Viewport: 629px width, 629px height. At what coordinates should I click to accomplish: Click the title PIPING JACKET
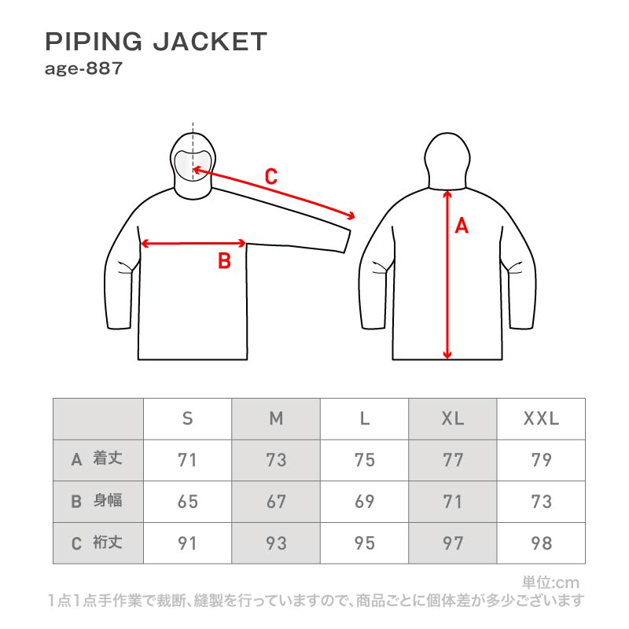pyautogui.click(x=156, y=42)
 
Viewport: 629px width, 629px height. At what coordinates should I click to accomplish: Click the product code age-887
pyautogui.click(x=83, y=68)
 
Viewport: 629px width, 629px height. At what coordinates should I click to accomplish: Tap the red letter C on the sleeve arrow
pyautogui.click(x=270, y=177)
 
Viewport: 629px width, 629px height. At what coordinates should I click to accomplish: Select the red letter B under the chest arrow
pyautogui.click(x=224, y=261)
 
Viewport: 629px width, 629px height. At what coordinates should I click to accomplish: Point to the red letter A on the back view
pyautogui.click(x=462, y=226)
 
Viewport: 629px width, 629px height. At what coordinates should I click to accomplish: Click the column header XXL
pyautogui.click(x=541, y=419)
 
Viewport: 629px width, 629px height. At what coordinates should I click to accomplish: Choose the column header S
pyautogui.click(x=187, y=419)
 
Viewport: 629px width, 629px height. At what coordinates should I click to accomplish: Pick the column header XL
pyautogui.click(x=453, y=419)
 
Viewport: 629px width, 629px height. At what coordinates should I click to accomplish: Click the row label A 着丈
pyautogui.click(x=97, y=460)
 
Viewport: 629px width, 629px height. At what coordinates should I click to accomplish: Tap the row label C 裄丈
pyautogui.click(x=97, y=543)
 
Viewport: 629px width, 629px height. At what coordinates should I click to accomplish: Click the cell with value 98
pyautogui.click(x=541, y=543)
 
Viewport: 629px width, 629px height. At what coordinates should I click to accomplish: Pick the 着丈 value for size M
pyautogui.click(x=276, y=460)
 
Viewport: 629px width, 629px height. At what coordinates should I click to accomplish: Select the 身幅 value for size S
pyautogui.click(x=187, y=502)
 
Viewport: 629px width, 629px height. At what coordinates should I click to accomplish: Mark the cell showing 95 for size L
pyautogui.click(x=364, y=543)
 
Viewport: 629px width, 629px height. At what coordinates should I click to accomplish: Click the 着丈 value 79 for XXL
pyautogui.click(x=541, y=460)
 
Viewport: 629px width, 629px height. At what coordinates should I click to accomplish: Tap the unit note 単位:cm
pyautogui.click(x=550, y=583)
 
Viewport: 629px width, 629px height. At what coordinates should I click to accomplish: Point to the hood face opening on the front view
pyautogui.click(x=193, y=161)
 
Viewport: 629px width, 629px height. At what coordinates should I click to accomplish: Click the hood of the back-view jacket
pyautogui.click(x=447, y=157)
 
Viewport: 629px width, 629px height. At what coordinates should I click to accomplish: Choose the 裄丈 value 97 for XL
pyautogui.click(x=453, y=543)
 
